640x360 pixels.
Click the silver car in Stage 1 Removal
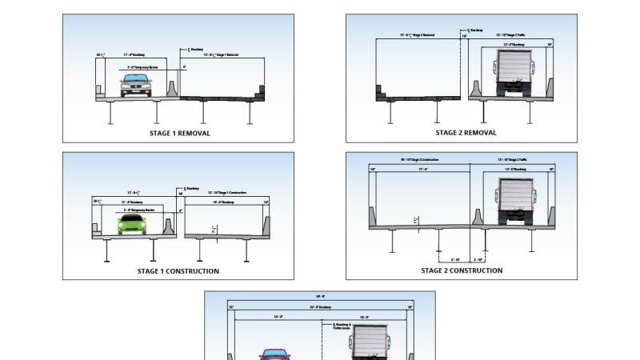[x=136, y=86]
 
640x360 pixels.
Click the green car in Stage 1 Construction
[x=134, y=224]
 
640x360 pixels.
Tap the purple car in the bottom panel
[x=274, y=354]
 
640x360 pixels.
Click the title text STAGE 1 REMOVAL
[x=180, y=134]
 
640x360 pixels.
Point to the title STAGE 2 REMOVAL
[x=466, y=133]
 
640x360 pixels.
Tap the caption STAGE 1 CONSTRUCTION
[x=178, y=271]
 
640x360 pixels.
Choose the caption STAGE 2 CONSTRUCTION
[x=462, y=270]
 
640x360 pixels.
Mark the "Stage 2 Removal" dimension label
[x=417, y=35]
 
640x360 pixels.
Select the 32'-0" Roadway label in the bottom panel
[x=320, y=307]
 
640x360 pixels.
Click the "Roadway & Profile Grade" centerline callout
[x=342, y=326]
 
